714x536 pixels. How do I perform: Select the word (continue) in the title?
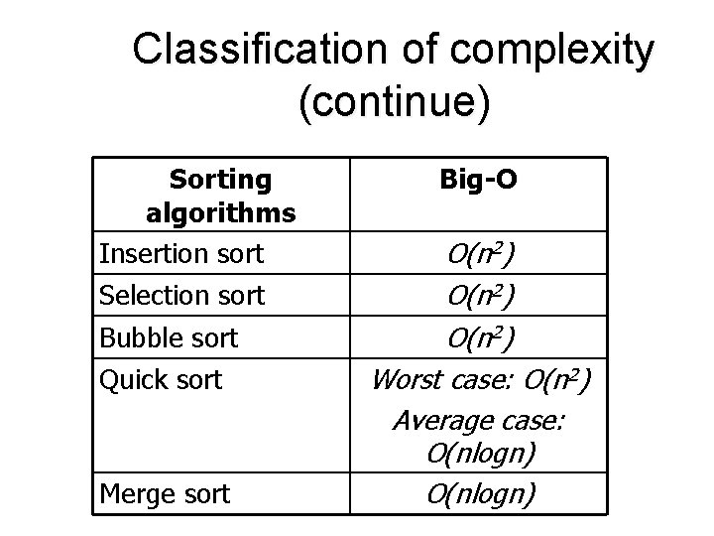point(393,103)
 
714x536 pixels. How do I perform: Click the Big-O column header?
point(480,181)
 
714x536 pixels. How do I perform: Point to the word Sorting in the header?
point(220,180)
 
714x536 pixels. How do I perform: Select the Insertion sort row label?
point(181,254)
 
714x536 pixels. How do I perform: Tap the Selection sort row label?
point(182,295)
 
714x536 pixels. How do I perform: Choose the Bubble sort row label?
point(169,337)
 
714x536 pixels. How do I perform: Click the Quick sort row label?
point(161,379)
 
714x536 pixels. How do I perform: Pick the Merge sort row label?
point(165,493)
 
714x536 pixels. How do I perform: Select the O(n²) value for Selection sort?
point(480,295)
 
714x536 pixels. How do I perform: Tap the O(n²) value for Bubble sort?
point(480,337)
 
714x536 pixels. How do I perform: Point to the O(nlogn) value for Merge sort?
point(480,493)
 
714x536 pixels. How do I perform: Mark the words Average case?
point(478,421)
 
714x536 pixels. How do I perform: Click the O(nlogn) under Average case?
point(480,456)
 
